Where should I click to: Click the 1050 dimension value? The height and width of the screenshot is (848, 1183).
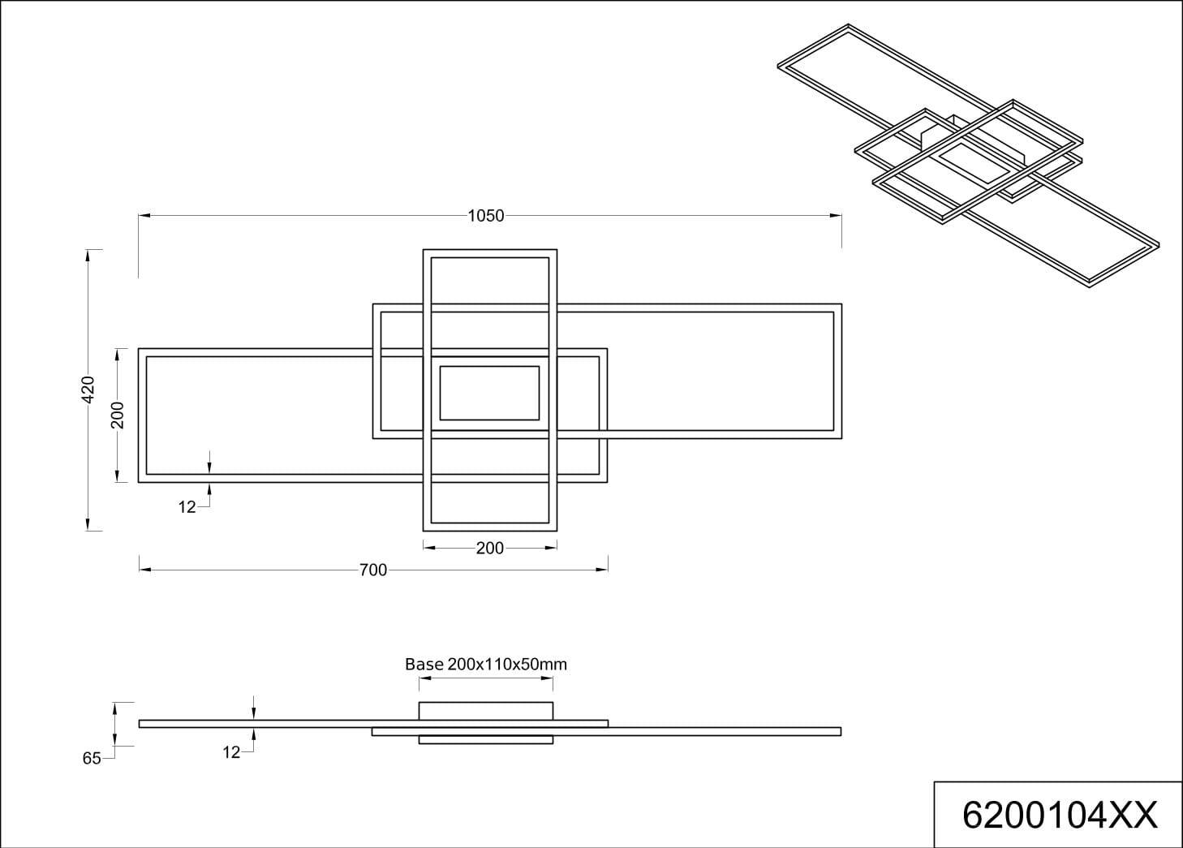[x=486, y=216]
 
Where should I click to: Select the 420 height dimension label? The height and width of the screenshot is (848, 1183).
[x=88, y=390]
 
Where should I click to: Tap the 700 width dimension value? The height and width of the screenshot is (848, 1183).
[x=373, y=570]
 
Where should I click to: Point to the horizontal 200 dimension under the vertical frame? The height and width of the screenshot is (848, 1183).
[x=489, y=549]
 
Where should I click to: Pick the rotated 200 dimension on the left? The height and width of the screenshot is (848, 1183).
[x=118, y=415]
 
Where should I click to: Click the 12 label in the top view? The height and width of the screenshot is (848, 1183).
[x=187, y=507]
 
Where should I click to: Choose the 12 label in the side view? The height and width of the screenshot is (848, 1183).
[x=231, y=752]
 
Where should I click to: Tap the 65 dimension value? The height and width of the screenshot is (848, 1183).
[x=92, y=759]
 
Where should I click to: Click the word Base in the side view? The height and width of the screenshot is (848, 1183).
[x=424, y=664]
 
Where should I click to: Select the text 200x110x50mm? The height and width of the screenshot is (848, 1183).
[x=507, y=664]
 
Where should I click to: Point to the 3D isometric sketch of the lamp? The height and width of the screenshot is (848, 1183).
[x=969, y=156]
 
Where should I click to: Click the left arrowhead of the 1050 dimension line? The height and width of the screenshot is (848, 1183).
[x=144, y=216]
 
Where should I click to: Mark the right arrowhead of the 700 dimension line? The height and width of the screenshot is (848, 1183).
[x=601, y=570]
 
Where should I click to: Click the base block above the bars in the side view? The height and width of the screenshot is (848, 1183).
[x=486, y=711]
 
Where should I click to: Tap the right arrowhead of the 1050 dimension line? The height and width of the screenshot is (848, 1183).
[x=836, y=216]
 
